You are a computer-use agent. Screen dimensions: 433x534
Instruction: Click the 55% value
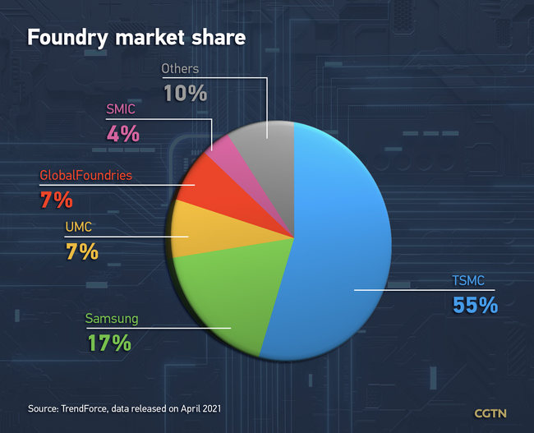(475, 305)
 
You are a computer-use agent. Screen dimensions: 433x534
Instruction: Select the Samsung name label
(112, 319)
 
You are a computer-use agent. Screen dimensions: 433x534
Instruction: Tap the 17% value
(110, 343)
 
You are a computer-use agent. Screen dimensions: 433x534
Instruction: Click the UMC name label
(79, 227)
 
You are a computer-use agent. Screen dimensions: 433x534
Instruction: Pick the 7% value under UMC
(82, 251)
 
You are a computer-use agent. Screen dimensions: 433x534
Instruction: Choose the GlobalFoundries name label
(85, 175)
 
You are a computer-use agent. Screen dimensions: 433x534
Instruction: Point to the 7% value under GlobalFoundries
(57, 199)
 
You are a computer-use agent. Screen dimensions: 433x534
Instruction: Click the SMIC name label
(122, 108)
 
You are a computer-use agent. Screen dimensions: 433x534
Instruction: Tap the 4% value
(122, 132)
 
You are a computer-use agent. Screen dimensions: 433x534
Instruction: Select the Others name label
(180, 69)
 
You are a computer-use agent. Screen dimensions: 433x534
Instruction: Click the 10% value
(184, 92)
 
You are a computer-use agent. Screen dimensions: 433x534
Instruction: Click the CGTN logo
(491, 412)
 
